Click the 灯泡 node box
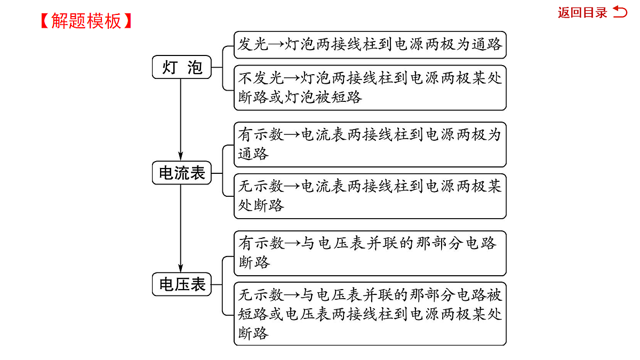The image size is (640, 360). [x=182, y=67]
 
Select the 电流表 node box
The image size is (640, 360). [x=182, y=173]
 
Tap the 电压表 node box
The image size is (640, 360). [x=182, y=284]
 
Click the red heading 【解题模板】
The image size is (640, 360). [x=86, y=21]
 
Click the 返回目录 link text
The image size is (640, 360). [x=582, y=13]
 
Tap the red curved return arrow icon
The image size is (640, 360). [x=620, y=12]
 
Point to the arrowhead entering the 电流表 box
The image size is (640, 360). [x=181, y=156]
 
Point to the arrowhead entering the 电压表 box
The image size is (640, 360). [x=181, y=268]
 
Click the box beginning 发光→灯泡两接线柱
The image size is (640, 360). [x=370, y=45]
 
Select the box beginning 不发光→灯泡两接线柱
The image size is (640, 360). [x=370, y=87]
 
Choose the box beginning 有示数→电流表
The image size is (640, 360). [x=370, y=145]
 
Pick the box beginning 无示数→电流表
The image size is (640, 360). [x=370, y=196]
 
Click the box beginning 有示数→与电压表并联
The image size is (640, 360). [x=370, y=253]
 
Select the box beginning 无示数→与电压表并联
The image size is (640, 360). [x=370, y=314]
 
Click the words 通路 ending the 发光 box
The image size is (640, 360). [x=486, y=44]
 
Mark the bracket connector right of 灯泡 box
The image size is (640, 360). [x=222, y=68]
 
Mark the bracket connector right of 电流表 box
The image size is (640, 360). [x=222, y=171]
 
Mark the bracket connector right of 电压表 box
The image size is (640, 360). [x=222, y=286]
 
